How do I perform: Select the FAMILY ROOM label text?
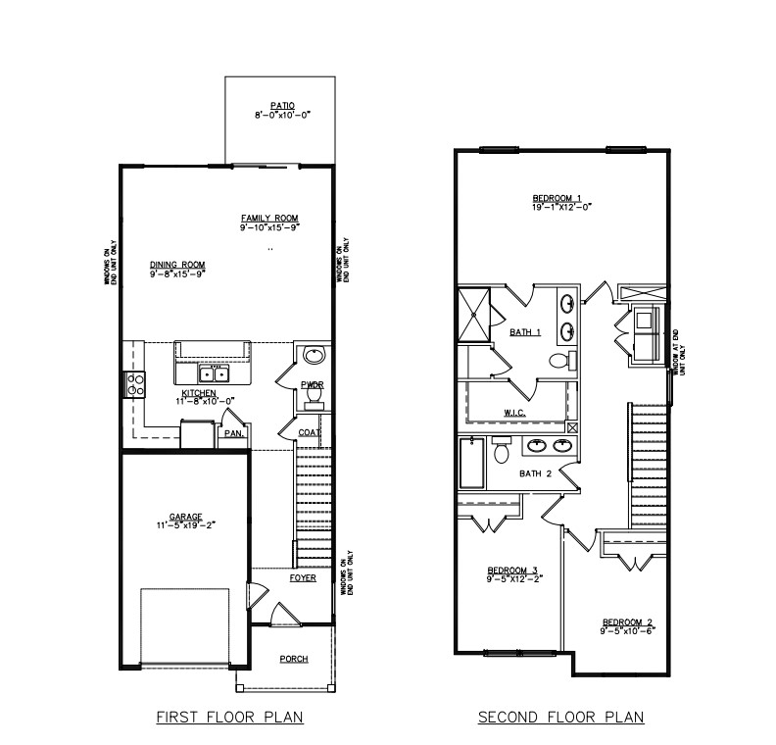[269, 218]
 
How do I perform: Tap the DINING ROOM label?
[177, 264]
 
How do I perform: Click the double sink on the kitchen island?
[213, 373]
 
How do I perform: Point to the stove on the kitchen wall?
[134, 384]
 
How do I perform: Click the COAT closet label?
[311, 431]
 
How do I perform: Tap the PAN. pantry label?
[233, 432]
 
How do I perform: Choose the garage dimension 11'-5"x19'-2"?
[185, 525]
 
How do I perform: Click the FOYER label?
[302, 577]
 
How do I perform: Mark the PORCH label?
[293, 659]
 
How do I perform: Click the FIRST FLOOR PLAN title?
[229, 718]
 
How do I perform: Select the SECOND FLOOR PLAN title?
[560, 718]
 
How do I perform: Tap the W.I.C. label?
[515, 413]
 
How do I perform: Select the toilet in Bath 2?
[501, 451]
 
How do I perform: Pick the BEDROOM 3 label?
[512, 571]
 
